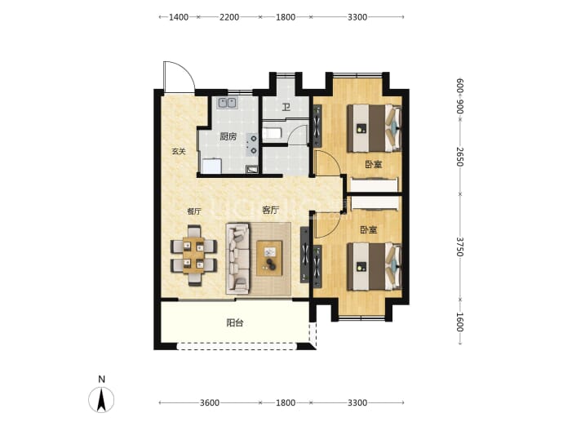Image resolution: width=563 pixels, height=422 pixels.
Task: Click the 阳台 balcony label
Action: (235, 323)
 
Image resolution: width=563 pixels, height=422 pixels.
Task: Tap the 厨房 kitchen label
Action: (228, 136)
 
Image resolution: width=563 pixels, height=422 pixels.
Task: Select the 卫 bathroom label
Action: (286, 107)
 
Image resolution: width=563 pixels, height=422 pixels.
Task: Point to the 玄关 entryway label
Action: (179, 152)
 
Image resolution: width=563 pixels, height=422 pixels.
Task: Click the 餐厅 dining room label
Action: (194, 211)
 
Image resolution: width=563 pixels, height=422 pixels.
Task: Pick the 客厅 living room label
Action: (270, 210)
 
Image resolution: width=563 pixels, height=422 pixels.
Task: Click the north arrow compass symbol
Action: (102, 399)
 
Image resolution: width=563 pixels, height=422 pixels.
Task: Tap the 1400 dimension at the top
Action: (179, 17)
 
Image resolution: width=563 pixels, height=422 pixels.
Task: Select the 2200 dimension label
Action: (229, 17)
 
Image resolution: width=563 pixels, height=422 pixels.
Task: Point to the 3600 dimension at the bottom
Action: (210, 402)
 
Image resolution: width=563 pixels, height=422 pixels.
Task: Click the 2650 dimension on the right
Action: (460, 157)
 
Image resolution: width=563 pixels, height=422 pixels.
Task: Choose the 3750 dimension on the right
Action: (460, 247)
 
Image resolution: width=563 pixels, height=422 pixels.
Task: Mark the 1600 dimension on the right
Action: (460, 322)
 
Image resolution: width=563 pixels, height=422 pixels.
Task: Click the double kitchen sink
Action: (227, 103)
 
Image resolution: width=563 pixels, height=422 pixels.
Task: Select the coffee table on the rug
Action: (269, 259)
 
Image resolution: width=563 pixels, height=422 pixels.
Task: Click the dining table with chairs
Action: (194, 255)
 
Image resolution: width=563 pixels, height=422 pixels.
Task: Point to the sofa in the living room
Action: (237, 259)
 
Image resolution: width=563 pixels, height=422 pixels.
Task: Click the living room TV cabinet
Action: (304, 255)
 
